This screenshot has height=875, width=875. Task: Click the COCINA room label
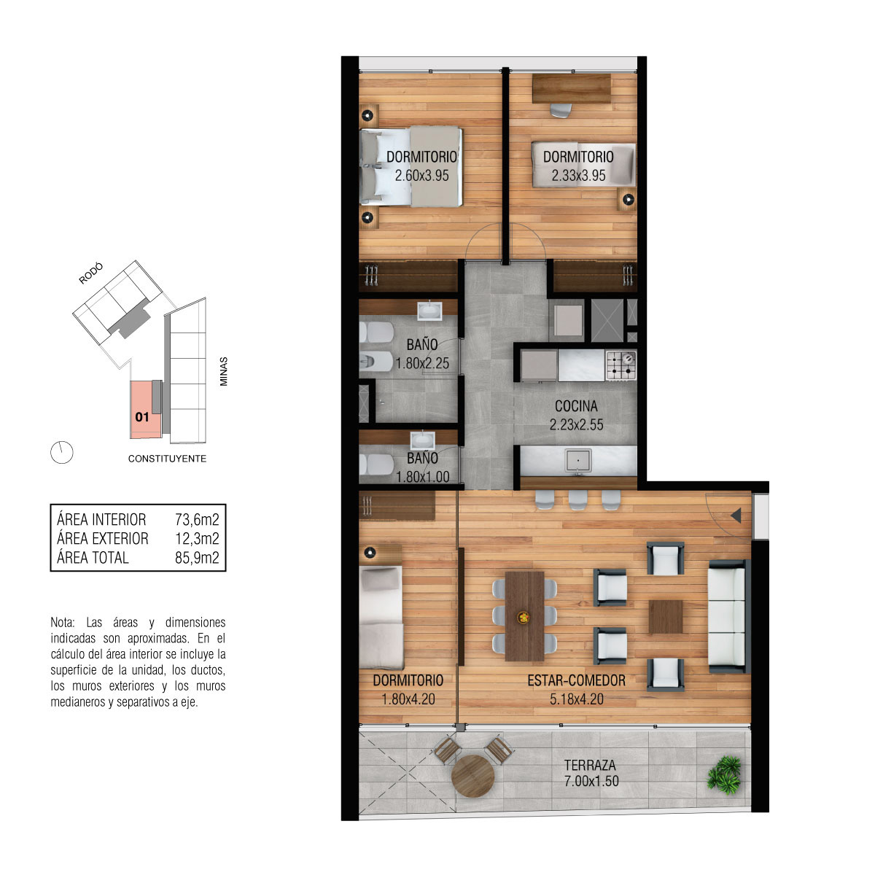pos(575,405)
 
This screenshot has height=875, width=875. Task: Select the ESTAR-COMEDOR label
pos(576,680)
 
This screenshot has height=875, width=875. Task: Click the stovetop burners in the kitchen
pos(621,365)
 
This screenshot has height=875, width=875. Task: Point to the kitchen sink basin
pos(577,460)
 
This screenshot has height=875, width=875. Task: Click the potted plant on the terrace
pos(725,774)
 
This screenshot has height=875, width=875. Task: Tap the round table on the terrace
pos(472,776)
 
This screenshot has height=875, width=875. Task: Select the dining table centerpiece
pos(524,617)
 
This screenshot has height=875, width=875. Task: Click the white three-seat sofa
pos(726,616)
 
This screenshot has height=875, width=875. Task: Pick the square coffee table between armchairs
pos(665,617)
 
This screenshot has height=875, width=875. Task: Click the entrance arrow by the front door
pos(736,516)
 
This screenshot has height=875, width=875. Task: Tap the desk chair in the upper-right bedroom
pos(561,110)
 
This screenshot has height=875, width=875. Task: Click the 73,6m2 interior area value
pos(197,519)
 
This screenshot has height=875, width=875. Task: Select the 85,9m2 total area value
pos(197,557)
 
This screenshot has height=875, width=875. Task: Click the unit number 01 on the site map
pos(142,417)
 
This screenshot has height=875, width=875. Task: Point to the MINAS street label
pos(223,371)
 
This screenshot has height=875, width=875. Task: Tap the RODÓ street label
pos(91,273)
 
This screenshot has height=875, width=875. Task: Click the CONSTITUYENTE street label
pos(167,459)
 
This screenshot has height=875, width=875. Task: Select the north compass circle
pos(62,452)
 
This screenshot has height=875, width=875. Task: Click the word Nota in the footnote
pos(62,622)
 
